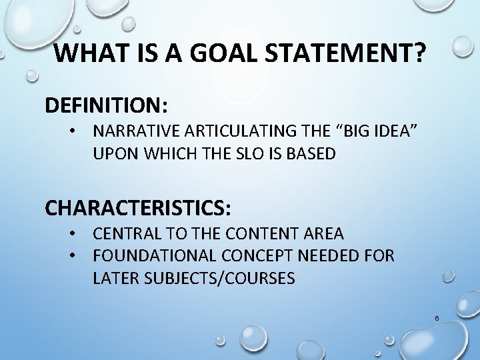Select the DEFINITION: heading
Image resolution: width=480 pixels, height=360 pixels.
tap(107, 105)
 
